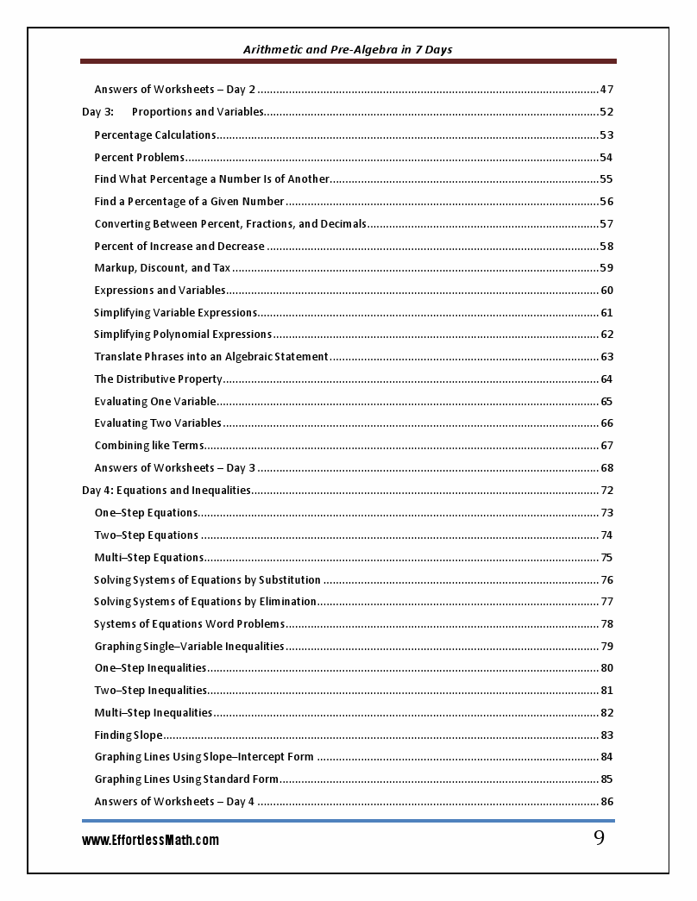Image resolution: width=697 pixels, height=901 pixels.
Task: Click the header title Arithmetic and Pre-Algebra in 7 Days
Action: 348,50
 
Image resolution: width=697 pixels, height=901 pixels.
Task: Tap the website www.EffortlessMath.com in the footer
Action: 150,840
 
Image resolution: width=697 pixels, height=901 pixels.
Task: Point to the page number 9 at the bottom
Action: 599,839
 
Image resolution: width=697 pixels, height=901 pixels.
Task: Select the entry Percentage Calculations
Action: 155,135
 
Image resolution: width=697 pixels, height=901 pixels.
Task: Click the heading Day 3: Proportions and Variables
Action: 173,112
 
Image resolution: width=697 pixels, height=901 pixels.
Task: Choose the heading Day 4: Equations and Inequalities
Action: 166,491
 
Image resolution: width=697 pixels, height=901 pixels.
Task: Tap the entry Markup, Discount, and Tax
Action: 162,268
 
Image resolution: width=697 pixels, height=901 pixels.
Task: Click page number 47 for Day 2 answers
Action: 606,90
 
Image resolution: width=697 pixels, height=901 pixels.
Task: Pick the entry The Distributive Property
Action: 159,379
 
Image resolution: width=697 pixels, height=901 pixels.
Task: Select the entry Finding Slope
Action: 128,735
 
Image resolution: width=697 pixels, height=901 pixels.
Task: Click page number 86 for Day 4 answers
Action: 606,802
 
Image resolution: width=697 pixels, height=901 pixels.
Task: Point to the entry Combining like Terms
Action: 149,446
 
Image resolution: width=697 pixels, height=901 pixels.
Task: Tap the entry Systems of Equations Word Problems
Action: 189,624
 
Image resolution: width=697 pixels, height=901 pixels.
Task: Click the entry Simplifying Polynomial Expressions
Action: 183,335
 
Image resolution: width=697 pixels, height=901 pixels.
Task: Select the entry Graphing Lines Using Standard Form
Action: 186,779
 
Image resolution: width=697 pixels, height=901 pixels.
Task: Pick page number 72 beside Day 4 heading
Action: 606,491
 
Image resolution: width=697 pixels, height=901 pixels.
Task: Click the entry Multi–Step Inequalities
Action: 154,713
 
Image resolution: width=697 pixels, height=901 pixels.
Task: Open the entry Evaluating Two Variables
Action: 158,423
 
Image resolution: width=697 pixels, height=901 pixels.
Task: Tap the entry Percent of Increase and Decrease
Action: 179,247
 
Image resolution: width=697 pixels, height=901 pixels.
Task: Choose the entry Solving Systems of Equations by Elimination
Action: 205,602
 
